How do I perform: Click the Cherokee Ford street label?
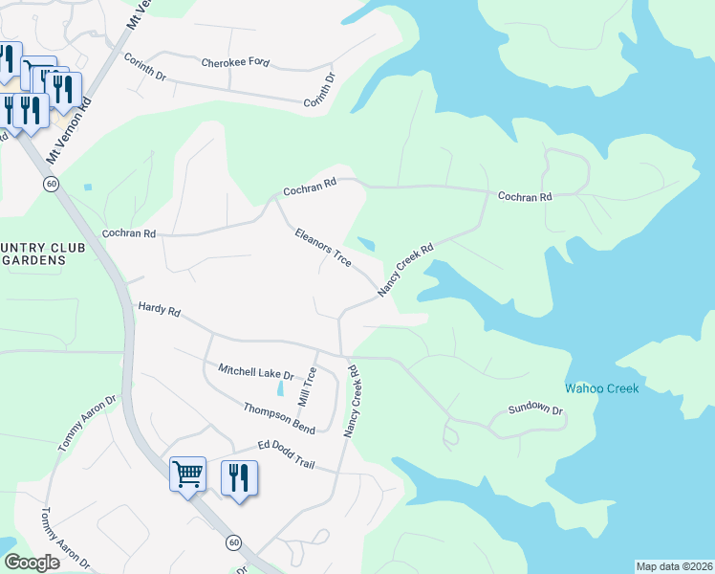click(235, 64)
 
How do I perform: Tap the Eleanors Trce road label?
click(323, 246)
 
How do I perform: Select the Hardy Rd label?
click(159, 310)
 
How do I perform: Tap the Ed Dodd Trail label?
click(286, 454)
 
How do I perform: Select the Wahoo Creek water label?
click(601, 388)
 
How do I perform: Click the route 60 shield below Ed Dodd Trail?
click(233, 542)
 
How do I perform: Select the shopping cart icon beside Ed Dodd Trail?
click(187, 473)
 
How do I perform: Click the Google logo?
click(32, 563)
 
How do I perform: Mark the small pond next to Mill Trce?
click(279, 388)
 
